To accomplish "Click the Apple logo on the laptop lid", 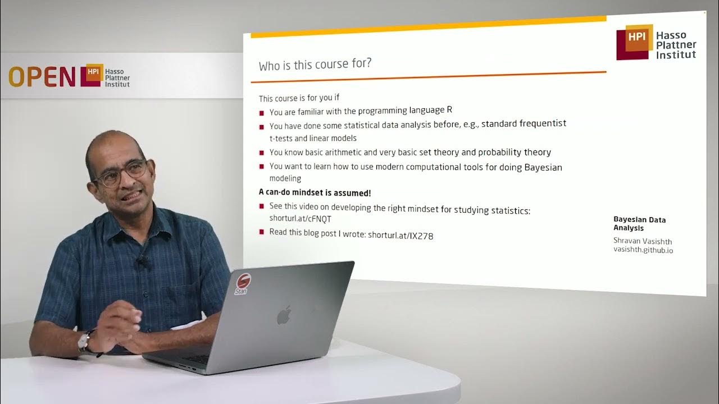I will pos(284,316).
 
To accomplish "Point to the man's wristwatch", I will pos(84,341).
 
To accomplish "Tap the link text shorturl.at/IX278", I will pos(401,236).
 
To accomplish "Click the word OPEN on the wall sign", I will pos(42,77).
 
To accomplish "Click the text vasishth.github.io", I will pos(643,250).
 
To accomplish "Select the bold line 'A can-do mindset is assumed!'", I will pos(315,192).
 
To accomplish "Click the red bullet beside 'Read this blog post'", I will pos(262,232).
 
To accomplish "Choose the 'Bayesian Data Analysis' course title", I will pos(639,224).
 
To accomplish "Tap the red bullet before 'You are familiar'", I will pos(262,112).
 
